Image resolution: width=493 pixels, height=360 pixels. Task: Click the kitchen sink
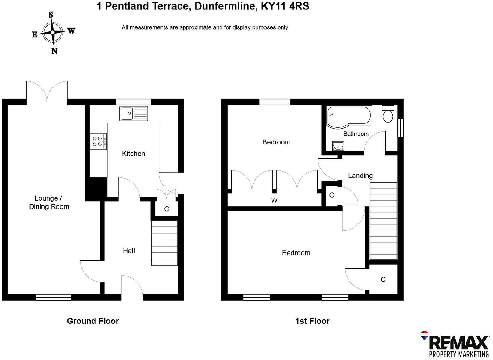click(134, 113)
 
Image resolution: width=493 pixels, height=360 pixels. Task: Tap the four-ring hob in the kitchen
click(98, 141)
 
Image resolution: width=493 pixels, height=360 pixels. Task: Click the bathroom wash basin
click(338, 146)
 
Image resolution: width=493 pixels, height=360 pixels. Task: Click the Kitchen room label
click(133, 154)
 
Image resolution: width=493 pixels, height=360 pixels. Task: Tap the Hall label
click(129, 251)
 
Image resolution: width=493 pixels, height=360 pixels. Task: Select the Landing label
click(360, 176)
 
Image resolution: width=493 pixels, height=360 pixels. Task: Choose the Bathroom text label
click(356, 134)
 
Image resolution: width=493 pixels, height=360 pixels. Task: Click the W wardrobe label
click(274, 200)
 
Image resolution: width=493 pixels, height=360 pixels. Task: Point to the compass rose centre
click(53, 32)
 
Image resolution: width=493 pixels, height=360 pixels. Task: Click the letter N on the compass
click(54, 51)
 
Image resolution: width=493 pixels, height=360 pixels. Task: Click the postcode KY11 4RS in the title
click(285, 6)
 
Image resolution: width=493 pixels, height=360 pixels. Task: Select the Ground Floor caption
click(93, 321)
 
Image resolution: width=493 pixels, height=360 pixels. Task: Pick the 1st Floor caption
click(312, 321)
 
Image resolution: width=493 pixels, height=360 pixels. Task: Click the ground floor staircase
click(164, 243)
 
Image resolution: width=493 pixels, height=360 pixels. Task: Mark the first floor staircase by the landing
click(383, 221)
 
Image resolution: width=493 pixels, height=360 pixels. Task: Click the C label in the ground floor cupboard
click(167, 209)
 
